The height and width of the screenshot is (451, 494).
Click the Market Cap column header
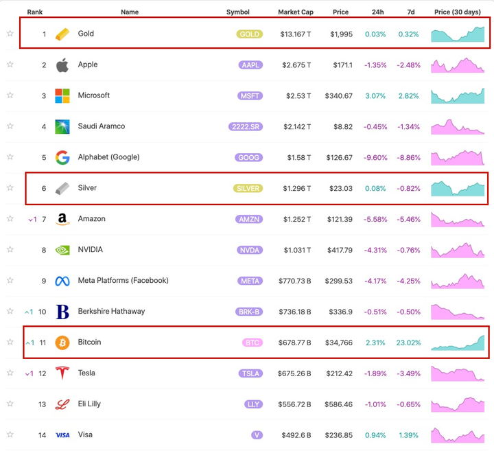tap(296, 12)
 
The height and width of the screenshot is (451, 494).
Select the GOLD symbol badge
tap(250, 34)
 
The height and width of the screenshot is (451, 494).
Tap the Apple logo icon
tap(62, 65)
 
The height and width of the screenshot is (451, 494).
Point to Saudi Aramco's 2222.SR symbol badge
tap(246, 127)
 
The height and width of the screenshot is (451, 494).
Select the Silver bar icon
tap(62, 188)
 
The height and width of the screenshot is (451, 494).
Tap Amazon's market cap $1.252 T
tap(296, 219)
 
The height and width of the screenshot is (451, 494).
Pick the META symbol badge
tap(250, 281)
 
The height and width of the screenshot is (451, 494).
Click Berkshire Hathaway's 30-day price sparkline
tap(458, 311)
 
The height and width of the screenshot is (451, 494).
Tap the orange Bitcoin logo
tap(62, 342)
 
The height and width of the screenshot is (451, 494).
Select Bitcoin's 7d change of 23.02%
tap(408, 343)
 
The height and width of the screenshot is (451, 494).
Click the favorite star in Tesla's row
tap(10, 373)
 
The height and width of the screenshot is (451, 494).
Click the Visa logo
tap(62, 435)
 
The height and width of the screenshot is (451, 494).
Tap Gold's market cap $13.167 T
tap(296, 34)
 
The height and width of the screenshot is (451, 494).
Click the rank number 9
tap(44, 281)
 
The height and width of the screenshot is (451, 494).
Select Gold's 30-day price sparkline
tap(458, 34)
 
